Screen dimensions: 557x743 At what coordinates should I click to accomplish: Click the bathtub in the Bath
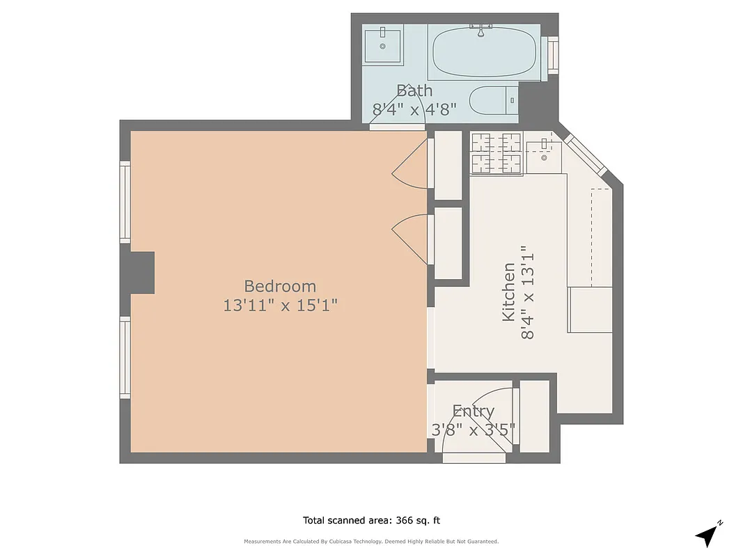coord(484,53)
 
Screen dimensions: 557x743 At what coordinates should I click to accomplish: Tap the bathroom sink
coord(382,45)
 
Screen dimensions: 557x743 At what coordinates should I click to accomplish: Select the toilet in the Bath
coord(493,101)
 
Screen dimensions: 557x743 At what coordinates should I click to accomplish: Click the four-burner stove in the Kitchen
coord(496,153)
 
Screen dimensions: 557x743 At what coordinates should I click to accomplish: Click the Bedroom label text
coord(280,286)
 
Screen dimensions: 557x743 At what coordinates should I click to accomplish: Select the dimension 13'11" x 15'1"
coord(280,305)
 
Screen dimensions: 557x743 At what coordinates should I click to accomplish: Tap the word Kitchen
coord(509,292)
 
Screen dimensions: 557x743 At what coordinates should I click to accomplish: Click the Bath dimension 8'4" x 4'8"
coord(414,109)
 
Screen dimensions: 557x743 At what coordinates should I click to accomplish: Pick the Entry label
coord(474,411)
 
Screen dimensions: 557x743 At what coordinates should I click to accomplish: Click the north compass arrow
coord(708,534)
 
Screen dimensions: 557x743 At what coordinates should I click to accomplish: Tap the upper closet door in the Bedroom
coord(411,167)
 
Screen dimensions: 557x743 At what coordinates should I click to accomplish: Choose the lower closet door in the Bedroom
coord(411,237)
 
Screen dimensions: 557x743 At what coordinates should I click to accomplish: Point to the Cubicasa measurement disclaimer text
coord(371,542)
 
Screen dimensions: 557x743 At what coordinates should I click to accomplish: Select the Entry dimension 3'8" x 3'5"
coord(474,430)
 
